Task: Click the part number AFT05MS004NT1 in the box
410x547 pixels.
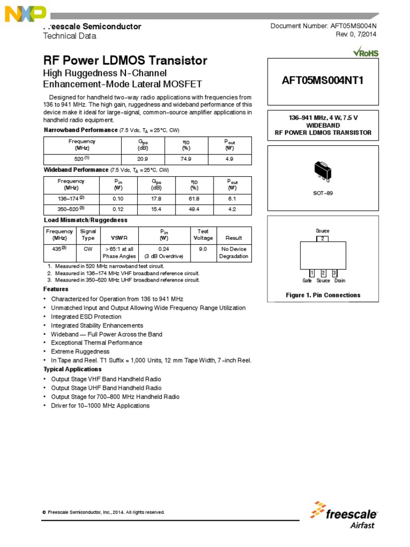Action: click(x=322, y=81)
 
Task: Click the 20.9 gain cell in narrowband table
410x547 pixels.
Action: click(x=142, y=159)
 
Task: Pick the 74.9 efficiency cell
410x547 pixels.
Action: click(x=186, y=159)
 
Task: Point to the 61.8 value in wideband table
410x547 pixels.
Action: click(x=194, y=198)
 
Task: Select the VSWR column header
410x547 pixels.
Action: click(x=119, y=238)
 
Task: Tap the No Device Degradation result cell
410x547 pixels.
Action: click(x=233, y=252)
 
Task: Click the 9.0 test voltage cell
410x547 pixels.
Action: click(x=203, y=248)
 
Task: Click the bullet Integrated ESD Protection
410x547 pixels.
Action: click(x=86, y=317)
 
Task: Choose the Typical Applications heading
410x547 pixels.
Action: click(x=72, y=369)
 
